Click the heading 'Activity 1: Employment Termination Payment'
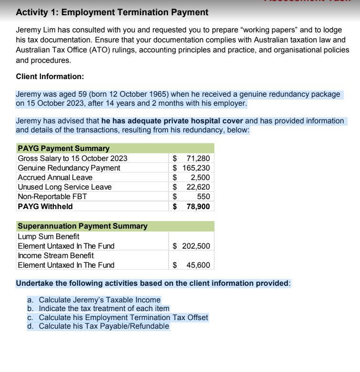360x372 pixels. point(112,12)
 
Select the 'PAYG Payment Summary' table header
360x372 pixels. point(63,149)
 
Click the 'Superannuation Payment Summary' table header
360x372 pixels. point(82,226)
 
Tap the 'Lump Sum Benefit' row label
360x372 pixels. point(48,236)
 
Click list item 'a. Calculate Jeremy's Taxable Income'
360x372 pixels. point(94,300)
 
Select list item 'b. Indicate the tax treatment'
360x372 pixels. point(98,308)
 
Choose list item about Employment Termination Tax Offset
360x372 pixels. point(118,317)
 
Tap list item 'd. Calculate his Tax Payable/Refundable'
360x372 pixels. point(98,326)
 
